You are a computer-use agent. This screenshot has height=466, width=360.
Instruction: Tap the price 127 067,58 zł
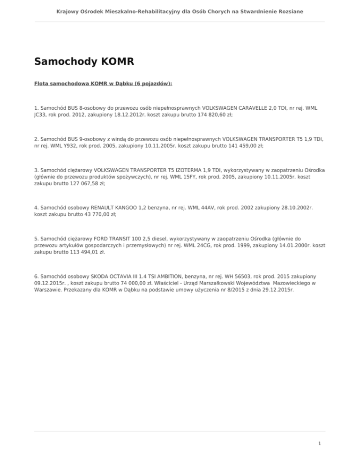(78, 184)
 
